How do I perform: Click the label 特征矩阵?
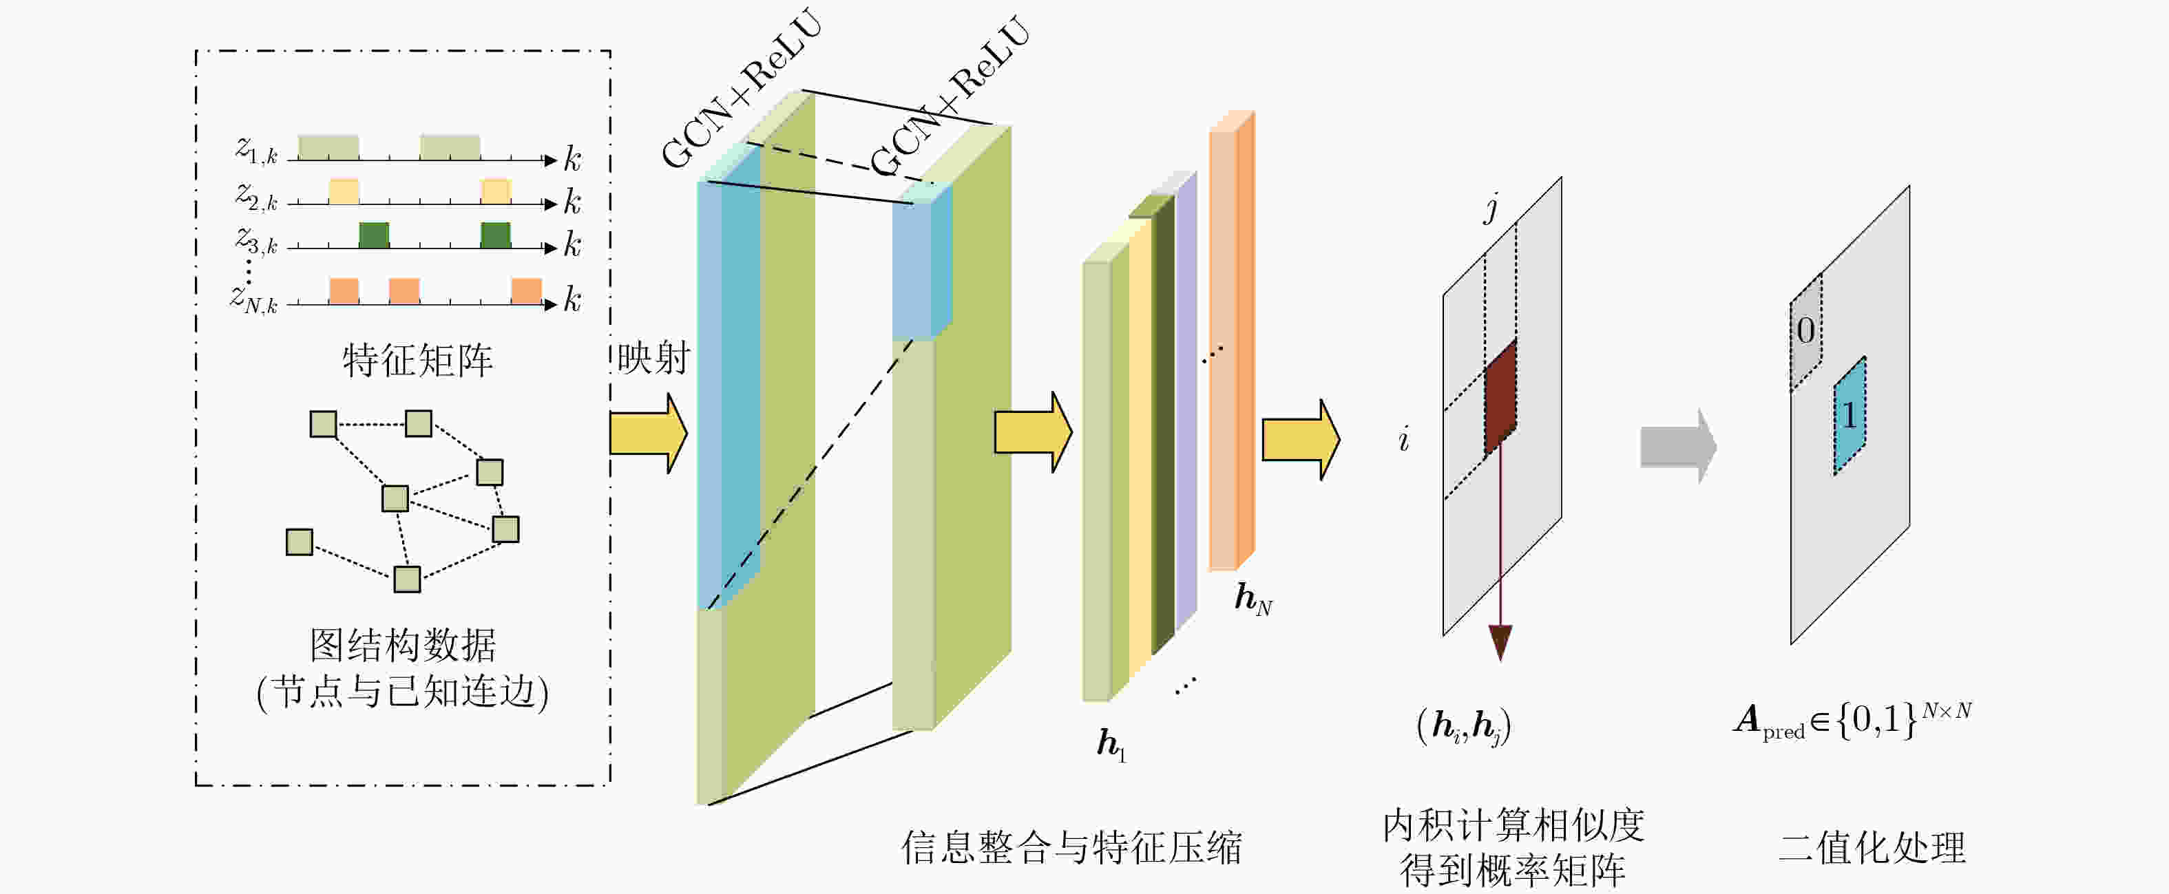(418, 361)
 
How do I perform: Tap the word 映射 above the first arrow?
(653, 358)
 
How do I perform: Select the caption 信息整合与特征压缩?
(1071, 847)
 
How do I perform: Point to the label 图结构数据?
(404, 646)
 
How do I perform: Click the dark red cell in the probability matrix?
(1500, 397)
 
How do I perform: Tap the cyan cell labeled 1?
(1850, 416)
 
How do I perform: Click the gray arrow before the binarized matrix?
(1678, 446)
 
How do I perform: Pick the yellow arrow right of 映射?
(649, 434)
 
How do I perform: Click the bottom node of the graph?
(408, 579)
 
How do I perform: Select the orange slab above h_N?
(1232, 341)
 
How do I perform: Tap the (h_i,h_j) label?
(1463, 725)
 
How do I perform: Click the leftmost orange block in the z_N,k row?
(344, 290)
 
